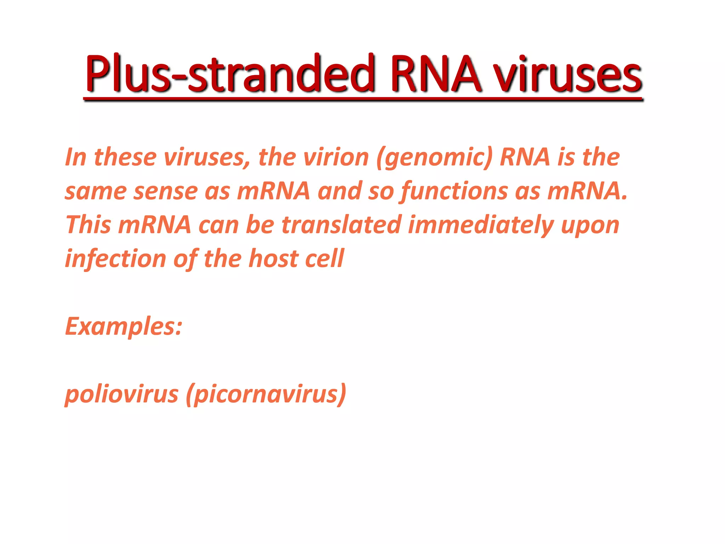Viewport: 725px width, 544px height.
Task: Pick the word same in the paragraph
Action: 95,192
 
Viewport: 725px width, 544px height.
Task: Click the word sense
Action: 165,192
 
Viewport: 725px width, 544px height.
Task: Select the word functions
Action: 453,192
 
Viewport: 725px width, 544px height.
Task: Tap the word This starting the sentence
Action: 88,225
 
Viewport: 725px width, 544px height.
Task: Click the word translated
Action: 341,225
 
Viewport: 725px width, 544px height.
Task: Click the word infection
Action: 115,259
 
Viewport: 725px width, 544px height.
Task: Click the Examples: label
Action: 124,327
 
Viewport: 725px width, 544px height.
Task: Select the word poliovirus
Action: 121,394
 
